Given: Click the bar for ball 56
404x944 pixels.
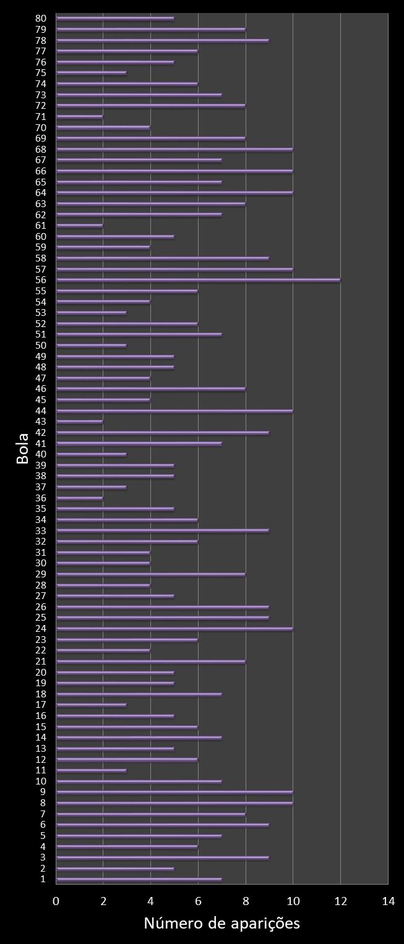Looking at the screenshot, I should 198,280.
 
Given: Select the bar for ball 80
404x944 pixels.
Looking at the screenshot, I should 115,19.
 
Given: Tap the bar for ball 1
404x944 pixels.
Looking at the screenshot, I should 139,879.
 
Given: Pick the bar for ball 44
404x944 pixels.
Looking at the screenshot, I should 174,411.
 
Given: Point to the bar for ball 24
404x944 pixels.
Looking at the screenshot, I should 174,629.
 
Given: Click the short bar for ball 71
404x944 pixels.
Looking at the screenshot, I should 80,117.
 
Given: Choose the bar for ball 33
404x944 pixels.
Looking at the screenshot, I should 163,530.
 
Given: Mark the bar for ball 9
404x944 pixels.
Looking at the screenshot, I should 174,792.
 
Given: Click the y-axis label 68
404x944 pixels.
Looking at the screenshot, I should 41,149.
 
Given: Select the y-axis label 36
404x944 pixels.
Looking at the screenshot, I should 41,498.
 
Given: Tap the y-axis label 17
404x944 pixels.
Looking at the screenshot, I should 41,705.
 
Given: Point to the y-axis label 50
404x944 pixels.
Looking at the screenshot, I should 41,346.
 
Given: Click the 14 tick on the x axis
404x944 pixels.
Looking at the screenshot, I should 388,901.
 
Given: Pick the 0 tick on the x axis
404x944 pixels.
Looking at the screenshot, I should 56,901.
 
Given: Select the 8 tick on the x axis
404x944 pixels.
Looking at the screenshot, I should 246,901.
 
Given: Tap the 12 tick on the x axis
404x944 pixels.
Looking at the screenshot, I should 340,901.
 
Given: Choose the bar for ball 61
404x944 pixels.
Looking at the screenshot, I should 80,226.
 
